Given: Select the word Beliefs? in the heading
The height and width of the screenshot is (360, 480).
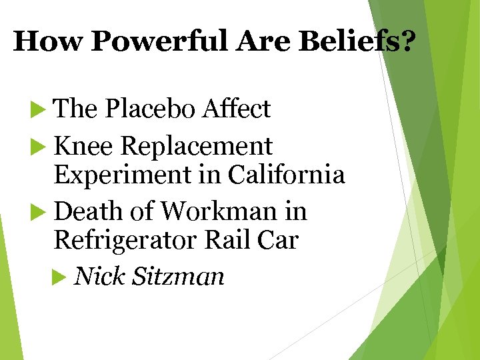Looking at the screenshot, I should [x=357, y=42].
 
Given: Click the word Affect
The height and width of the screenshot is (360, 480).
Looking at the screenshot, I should [x=237, y=109].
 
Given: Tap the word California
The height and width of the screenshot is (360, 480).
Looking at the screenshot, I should [x=286, y=175].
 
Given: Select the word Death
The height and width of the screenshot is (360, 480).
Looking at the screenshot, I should [x=87, y=211].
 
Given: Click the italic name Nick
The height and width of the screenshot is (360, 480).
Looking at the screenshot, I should [x=101, y=275].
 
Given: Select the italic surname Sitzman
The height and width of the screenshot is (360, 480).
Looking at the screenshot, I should [x=179, y=275].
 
